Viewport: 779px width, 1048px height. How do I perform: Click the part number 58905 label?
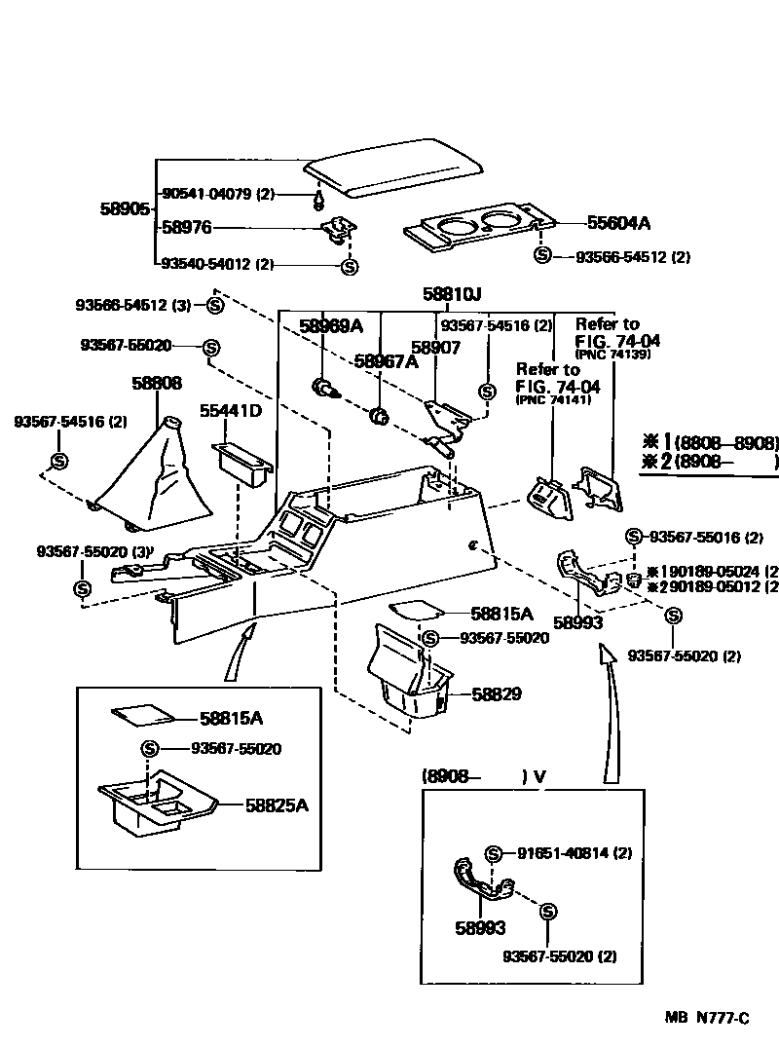pyautogui.click(x=124, y=208)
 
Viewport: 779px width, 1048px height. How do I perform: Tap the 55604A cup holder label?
pyautogui.click(x=618, y=223)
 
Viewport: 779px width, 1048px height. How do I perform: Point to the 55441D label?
pyautogui.click(x=231, y=410)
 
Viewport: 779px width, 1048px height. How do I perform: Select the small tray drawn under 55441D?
pyautogui.click(x=242, y=466)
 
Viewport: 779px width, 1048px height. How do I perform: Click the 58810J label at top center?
pyautogui.click(x=452, y=293)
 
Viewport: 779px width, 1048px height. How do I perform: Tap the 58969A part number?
pyautogui.click(x=330, y=325)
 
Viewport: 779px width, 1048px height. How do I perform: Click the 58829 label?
pyautogui.click(x=498, y=694)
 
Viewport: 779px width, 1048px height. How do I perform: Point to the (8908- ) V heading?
pyautogui.click(x=483, y=776)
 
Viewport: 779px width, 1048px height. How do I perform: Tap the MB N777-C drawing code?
pyautogui.click(x=707, y=1018)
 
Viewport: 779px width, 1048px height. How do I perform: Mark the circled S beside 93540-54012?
pyautogui.click(x=350, y=266)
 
